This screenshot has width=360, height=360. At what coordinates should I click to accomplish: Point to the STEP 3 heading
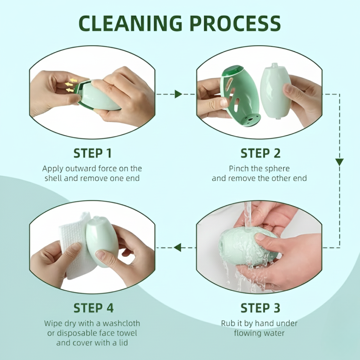[260, 308]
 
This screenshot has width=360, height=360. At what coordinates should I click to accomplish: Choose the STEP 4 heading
[93, 308]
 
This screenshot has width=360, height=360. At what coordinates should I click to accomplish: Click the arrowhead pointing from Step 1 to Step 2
[178, 94]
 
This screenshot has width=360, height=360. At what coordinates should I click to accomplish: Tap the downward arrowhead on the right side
[339, 162]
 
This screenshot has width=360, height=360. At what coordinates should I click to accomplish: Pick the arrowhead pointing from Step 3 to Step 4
[178, 247]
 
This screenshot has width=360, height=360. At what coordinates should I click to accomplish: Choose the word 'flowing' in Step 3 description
[247, 333]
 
